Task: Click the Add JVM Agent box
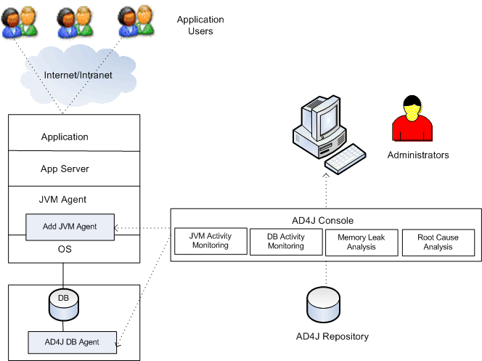point(70,227)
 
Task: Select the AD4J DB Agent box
point(72,341)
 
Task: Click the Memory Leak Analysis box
point(361,242)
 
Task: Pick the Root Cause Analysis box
point(438,242)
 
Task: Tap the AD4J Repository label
point(332,336)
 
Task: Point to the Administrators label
point(417,155)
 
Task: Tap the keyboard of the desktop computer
point(346,157)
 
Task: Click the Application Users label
point(200,25)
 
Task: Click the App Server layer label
point(65,169)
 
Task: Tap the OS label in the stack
point(65,249)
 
